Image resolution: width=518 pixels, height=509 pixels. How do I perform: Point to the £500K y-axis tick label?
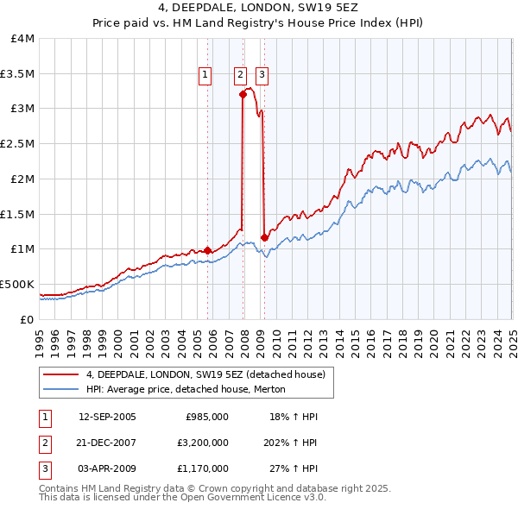[17, 284]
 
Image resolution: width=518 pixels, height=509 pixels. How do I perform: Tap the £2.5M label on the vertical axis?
[17, 144]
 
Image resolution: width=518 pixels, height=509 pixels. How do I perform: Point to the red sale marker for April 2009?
[264, 237]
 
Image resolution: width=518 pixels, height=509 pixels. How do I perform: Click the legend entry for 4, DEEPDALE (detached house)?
[205, 374]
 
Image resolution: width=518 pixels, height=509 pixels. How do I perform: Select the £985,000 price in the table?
[207, 417]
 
